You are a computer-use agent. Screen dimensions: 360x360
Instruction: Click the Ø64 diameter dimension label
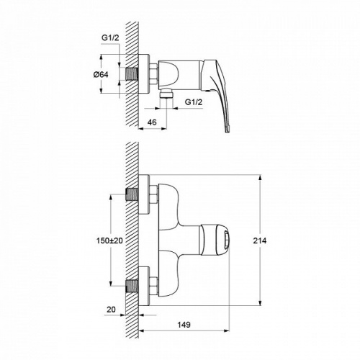pyautogui.click(x=101, y=75)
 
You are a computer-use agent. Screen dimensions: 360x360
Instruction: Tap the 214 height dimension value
pyautogui.click(x=260, y=240)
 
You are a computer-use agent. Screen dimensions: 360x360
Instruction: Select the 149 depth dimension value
pyautogui.click(x=184, y=325)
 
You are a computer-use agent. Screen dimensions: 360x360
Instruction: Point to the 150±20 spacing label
pyautogui.click(x=109, y=240)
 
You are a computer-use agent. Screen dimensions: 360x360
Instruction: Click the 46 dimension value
pyautogui.click(x=152, y=122)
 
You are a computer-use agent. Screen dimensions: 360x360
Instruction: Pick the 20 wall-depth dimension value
pyautogui.click(x=111, y=310)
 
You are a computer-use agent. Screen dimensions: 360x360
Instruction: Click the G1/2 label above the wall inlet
pyautogui.click(x=110, y=37)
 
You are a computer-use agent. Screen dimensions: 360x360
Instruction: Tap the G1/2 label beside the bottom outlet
pyautogui.click(x=194, y=102)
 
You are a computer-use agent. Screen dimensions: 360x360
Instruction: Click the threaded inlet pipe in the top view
pyautogui.click(x=132, y=73)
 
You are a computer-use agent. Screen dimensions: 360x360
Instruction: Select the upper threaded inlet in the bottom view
pyautogui.click(x=132, y=194)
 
